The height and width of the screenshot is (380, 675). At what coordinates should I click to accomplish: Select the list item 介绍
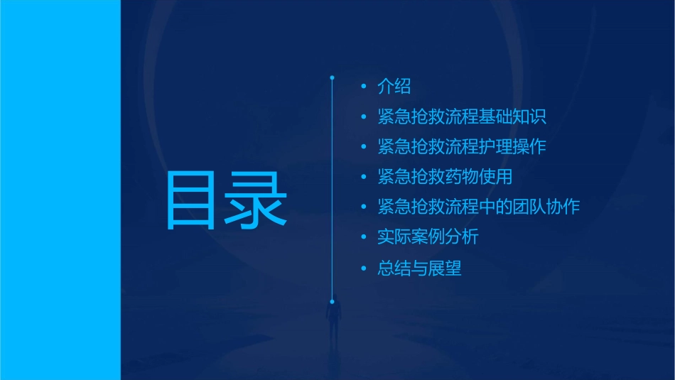coord(394,87)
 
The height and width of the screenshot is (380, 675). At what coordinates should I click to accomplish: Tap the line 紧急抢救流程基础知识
coord(462,117)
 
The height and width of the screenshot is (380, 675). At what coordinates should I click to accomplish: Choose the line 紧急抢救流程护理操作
coord(462,147)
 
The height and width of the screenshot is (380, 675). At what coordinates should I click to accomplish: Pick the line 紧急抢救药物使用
coord(445,177)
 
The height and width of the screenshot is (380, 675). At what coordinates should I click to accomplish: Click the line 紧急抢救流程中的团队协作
coord(479,207)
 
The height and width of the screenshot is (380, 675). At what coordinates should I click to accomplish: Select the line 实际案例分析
coord(428,237)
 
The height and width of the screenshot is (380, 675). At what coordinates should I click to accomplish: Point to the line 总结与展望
coord(419,268)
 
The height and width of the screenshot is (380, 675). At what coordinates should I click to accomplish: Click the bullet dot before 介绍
coord(364,87)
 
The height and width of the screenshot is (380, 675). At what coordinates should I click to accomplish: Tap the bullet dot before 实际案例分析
coord(364,237)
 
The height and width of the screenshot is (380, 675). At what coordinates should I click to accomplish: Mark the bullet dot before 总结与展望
coord(364,268)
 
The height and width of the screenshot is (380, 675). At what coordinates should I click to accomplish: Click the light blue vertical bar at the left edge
coord(60,190)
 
